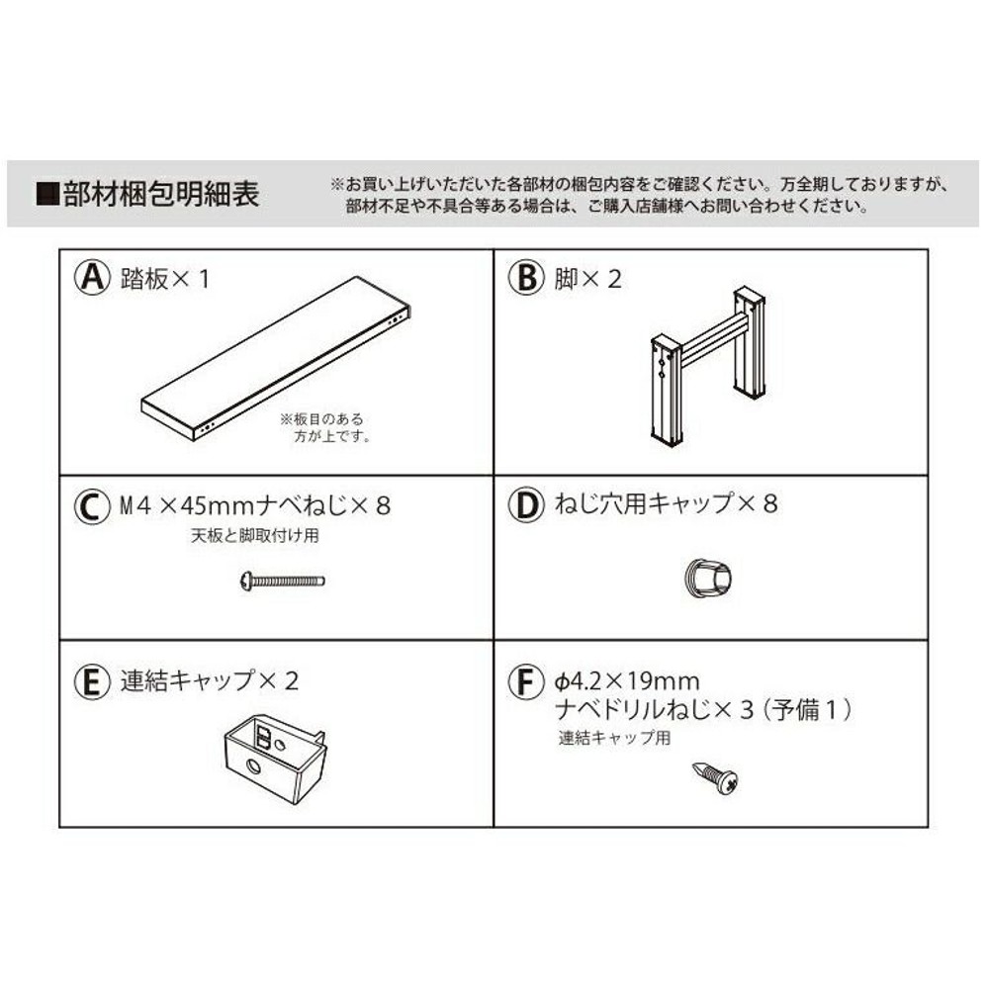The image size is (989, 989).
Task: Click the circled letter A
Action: tap(92, 279)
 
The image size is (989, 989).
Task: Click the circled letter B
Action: tap(527, 279)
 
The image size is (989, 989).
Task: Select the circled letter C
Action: tap(92, 506)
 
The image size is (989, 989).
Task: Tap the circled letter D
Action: tap(527, 505)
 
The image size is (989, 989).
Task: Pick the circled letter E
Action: tap(92, 681)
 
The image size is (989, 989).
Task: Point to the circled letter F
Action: tap(527, 682)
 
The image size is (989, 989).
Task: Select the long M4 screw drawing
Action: tap(283, 581)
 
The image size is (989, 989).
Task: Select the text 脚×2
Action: tap(588, 279)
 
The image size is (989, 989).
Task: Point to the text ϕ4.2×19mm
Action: tap(626, 681)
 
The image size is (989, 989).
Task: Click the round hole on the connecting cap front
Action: tap(253, 767)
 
